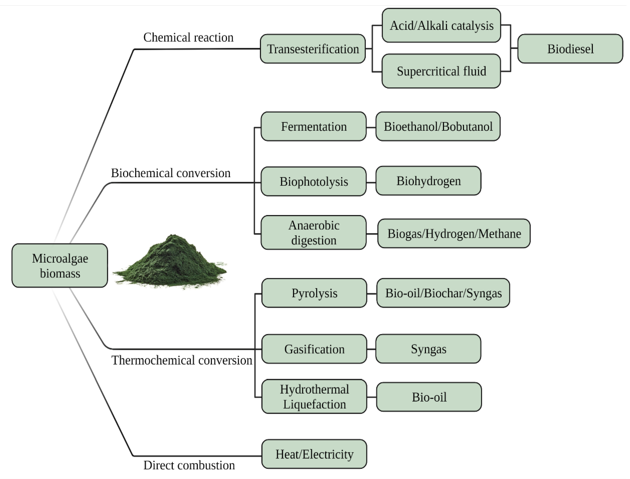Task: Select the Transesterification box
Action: pyautogui.click(x=313, y=49)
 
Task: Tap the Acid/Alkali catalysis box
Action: pyautogui.click(x=441, y=25)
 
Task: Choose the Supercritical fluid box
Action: pyautogui.click(x=441, y=71)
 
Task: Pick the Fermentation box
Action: pyautogui.click(x=313, y=126)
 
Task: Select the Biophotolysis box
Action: pyautogui.click(x=313, y=181)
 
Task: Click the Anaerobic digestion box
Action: pyautogui.click(x=313, y=233)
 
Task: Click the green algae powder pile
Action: pyautogui.click(x=171, y=262)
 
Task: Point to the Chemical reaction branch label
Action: pyautogui.click(x=188, y=37)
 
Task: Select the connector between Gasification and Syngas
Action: pyautogui.click(x=371, y=349)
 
